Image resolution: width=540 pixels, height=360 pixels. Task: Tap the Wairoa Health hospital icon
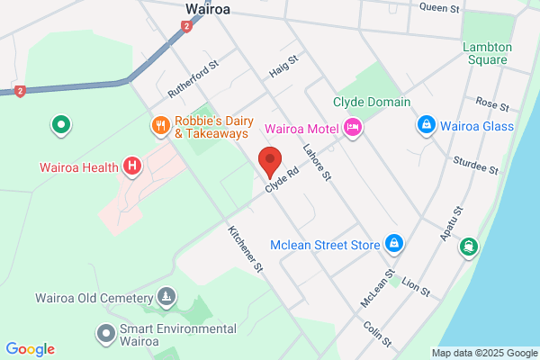click(132, 166)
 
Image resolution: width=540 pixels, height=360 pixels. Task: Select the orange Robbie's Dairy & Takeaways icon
click(160, 126)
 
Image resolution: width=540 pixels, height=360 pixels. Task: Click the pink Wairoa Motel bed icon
click(352, 128)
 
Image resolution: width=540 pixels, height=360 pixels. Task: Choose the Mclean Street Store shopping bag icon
click(393, 243)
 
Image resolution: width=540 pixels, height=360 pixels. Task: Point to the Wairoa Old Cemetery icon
click(166, 296)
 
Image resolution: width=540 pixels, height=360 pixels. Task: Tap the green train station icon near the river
click(468, 246)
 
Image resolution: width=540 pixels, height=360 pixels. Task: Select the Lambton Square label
click(487, 54)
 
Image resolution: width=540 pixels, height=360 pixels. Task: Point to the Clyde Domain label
click(372, 103)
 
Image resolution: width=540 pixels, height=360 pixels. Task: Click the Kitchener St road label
click(245, 248)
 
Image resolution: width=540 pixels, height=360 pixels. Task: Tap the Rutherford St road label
click(193, 80)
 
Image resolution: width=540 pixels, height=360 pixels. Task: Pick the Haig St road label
click(283, 65)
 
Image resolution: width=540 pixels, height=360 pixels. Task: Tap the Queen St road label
click(441, 7)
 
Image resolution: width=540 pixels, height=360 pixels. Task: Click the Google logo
click(30, 349)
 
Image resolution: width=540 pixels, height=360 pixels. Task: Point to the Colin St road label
click(378, 335)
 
